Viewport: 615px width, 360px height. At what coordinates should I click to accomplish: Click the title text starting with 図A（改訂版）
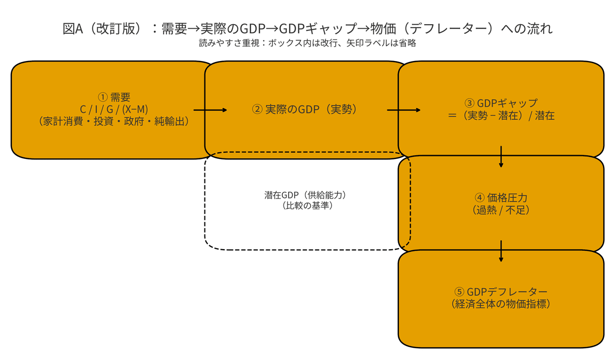coord(307,29)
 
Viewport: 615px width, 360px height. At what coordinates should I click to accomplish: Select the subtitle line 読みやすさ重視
coord(307,44)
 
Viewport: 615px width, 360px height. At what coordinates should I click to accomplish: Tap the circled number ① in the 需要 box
coord(102,97)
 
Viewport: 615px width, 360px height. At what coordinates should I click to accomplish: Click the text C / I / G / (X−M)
coord(114,109)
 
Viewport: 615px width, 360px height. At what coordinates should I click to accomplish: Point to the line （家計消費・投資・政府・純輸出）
coord(114,122)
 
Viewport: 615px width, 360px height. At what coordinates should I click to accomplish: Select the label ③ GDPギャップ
coord(501,103)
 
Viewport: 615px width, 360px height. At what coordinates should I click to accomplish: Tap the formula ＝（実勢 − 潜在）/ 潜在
coord(501,116)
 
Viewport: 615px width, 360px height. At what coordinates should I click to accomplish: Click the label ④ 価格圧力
coord(501,197)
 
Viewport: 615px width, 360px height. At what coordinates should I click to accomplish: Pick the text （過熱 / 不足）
coord(501,210)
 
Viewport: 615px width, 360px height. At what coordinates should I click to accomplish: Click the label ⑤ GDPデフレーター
coord(501,292)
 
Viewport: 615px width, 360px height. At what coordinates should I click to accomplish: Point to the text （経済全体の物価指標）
coord(501,304)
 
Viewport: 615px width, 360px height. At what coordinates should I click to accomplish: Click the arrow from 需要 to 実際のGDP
coord(210,110)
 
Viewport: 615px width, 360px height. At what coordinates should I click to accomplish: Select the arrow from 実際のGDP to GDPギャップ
coord(404,110)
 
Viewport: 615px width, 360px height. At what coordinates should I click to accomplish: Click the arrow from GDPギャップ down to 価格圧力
coord(501,157)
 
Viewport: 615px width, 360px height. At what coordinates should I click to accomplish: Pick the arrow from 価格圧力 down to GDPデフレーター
coord(501,251)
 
